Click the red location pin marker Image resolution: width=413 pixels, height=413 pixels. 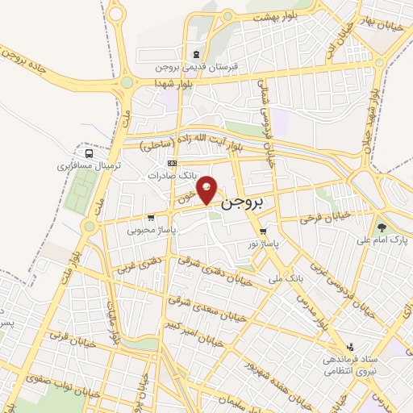208,190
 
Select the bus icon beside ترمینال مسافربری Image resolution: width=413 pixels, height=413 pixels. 88,152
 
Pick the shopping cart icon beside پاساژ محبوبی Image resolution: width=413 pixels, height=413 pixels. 151,217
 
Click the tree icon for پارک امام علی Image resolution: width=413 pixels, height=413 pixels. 381,227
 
